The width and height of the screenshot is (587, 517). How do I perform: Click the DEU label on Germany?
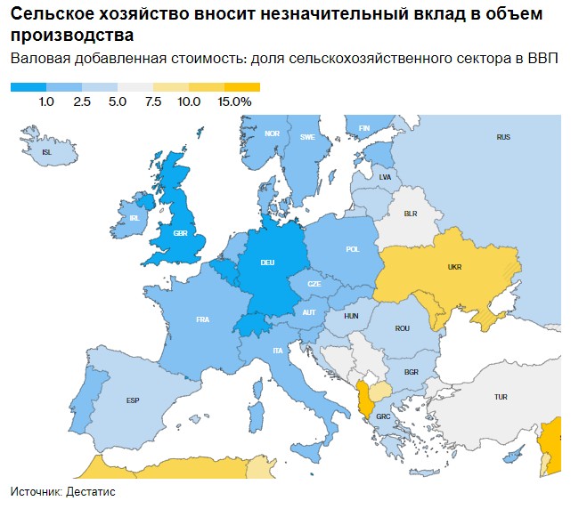[267, 262]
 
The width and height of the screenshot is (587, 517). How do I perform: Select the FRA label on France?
[202, 319]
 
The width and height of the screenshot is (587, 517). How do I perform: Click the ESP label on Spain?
[133, 400]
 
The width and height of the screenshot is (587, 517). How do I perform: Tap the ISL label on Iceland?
[47, 152]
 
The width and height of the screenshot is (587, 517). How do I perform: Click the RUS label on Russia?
[503, 137]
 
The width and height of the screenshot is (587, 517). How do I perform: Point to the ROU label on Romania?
[402, 328]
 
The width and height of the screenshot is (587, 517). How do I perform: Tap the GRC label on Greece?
[383, 416]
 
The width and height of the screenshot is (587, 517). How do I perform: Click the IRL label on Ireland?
[135, 217]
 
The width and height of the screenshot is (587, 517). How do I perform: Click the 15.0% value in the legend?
[235, 102]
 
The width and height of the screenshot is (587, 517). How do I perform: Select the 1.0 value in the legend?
[46, 102]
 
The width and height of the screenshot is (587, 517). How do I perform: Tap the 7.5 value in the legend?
[152, 102]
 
